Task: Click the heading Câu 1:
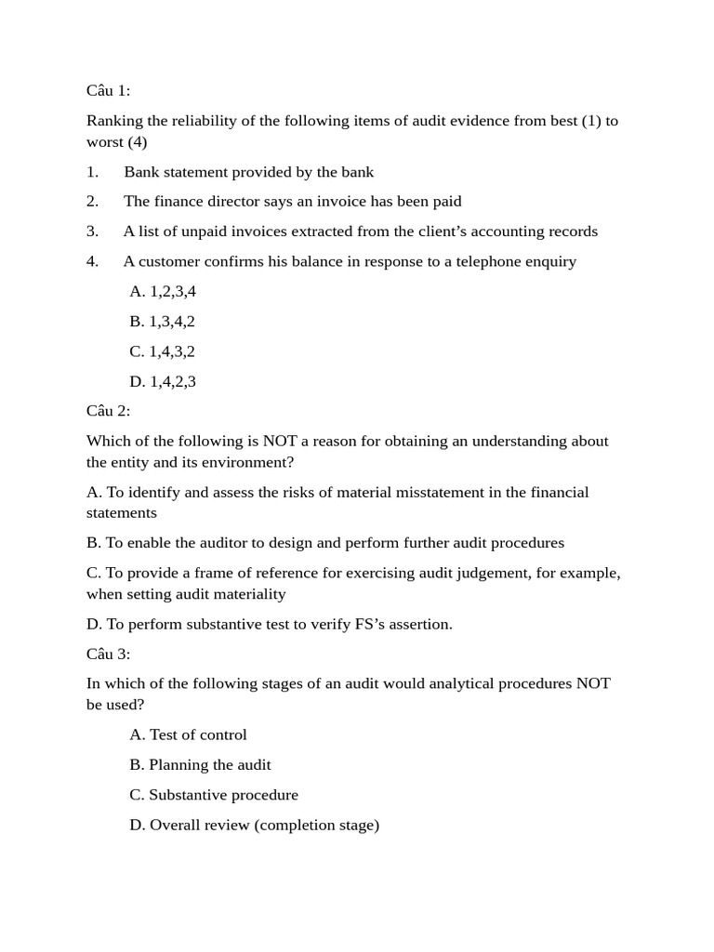point(109,90)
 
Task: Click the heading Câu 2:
point(109,411)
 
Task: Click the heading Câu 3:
point(109,654)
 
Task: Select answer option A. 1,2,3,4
point(163,292)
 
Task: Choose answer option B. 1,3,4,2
point(163,322)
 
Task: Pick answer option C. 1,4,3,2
point(163,351)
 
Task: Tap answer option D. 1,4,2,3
point(163,381)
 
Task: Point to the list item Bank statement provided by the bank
point(248,172)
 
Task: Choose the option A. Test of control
point(188,735)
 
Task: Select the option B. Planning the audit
point(200,765)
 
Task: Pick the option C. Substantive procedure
point(214,795)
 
